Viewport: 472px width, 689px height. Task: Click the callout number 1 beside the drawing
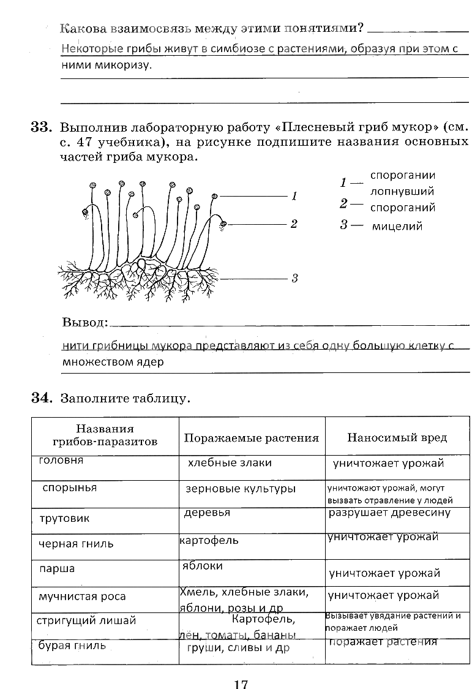[x=294, y=197]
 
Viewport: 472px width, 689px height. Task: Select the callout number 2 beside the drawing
[x=294, y=224]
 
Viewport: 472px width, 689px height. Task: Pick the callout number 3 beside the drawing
[x=294, y=279]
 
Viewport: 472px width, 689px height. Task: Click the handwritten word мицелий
[x=397, y=227]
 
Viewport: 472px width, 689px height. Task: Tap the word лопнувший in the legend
[x=402, y=192]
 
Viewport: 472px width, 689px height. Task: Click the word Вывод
[x=84, y=322]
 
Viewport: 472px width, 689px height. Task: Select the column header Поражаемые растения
[x=251, y=438]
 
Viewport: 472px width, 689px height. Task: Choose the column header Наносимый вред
[x=397, y=437]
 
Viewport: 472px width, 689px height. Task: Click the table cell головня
[x=61, y=461]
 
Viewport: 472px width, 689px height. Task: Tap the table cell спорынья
[x=69, y=488]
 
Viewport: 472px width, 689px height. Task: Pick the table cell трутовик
[x=64, y=519]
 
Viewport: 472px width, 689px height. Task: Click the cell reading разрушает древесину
[x=389, y=513]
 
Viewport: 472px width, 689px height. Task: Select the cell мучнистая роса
[x=82, y=597]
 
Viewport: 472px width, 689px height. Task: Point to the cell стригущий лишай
[x=86, y=620]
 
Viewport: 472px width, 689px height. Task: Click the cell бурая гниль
[x=72, y=645]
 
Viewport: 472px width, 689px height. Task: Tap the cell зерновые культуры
[x=241, y=489]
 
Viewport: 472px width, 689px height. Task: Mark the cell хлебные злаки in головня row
[x=230, y=463]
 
